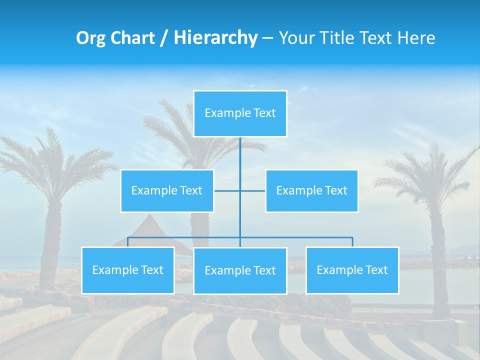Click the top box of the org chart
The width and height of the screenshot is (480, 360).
(x=240, y=113)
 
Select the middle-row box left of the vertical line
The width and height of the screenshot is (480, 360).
(x=167, y=191)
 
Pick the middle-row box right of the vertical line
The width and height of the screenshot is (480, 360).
(x=311, y=191)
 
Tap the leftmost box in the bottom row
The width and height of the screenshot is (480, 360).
(x=128, y=270)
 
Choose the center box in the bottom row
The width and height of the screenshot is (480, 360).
(x=240, y=271)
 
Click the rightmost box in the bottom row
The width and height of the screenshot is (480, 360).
(x=352, y=270)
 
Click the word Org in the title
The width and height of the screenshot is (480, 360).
(x=90, y=38)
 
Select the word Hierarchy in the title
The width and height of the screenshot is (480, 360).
(x=215, y=38)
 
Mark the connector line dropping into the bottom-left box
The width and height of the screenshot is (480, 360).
(x=128, y=242)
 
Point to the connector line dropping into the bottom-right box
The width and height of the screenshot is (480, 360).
(x=352, y=242)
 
